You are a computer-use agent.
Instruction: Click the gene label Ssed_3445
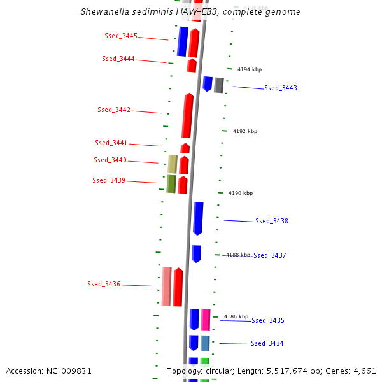pos(121,36)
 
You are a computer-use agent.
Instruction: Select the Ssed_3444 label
pos(118,59)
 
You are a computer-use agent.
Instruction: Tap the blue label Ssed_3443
pos(281,88)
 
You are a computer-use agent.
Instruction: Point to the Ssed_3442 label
pos(114,110)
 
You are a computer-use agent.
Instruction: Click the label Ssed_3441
pos(111,143)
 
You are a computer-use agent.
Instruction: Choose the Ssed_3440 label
pos(110,160)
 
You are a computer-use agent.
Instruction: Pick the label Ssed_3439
pos(109,180)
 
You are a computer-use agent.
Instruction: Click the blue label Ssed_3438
pos(272,221)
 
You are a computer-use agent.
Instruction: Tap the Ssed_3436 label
pos(104,284)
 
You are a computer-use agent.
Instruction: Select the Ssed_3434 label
pos(267,343)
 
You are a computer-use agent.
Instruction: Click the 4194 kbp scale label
pos(250,69)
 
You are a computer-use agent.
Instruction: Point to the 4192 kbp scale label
pos(245,131)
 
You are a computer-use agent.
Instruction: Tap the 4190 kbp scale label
pos(241,193)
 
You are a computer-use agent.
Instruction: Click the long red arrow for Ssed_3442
pos(187,116)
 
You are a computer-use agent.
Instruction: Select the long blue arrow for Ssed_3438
pos(198,218)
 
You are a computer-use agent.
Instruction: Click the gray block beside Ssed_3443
pos(219,85)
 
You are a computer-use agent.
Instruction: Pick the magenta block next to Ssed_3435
pos(206,319)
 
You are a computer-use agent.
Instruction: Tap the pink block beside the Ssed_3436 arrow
pos(166,286)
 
